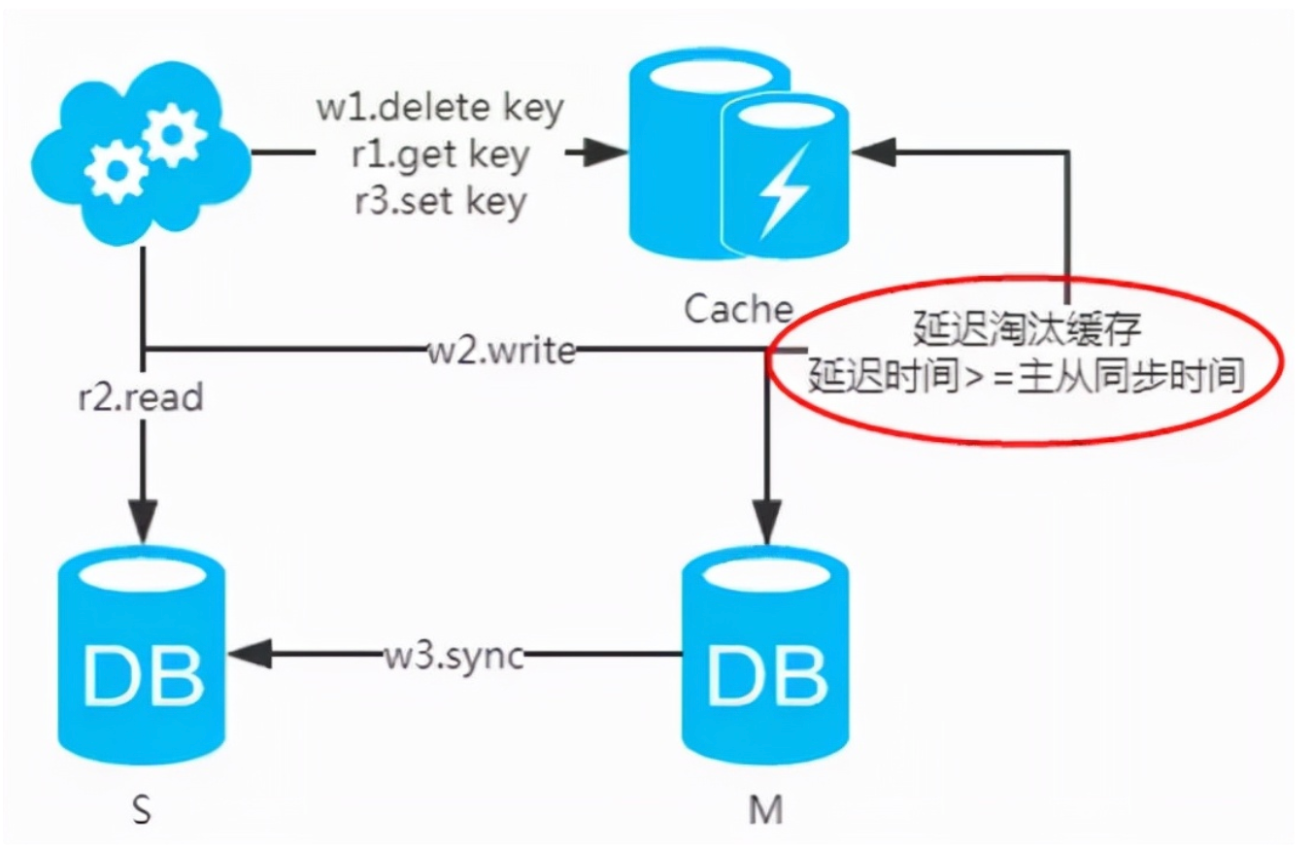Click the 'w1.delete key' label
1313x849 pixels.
click(440, 108)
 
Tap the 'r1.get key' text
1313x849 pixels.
click(440, 155)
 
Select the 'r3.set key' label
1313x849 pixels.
click(441, 201)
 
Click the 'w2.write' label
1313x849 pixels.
click(502, 351)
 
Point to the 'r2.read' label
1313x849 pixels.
click(141, 397)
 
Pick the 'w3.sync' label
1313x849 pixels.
click(454, 656)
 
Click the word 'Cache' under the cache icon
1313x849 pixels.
click(738, 309)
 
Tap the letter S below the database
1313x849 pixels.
click(142, 810)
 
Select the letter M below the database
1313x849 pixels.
click(766, 810)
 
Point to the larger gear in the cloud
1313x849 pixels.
click(172, 135)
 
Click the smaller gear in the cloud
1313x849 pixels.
click(118, 171)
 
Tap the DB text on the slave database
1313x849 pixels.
click(143, 675)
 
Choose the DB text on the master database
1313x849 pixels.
click(766, 675)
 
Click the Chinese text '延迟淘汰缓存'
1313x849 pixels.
click(1027, 328)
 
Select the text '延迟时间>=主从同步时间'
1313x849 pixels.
click(1026, 375)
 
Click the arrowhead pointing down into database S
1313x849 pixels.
click(143, 521)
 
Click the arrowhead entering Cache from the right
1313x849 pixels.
click(873, 153)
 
